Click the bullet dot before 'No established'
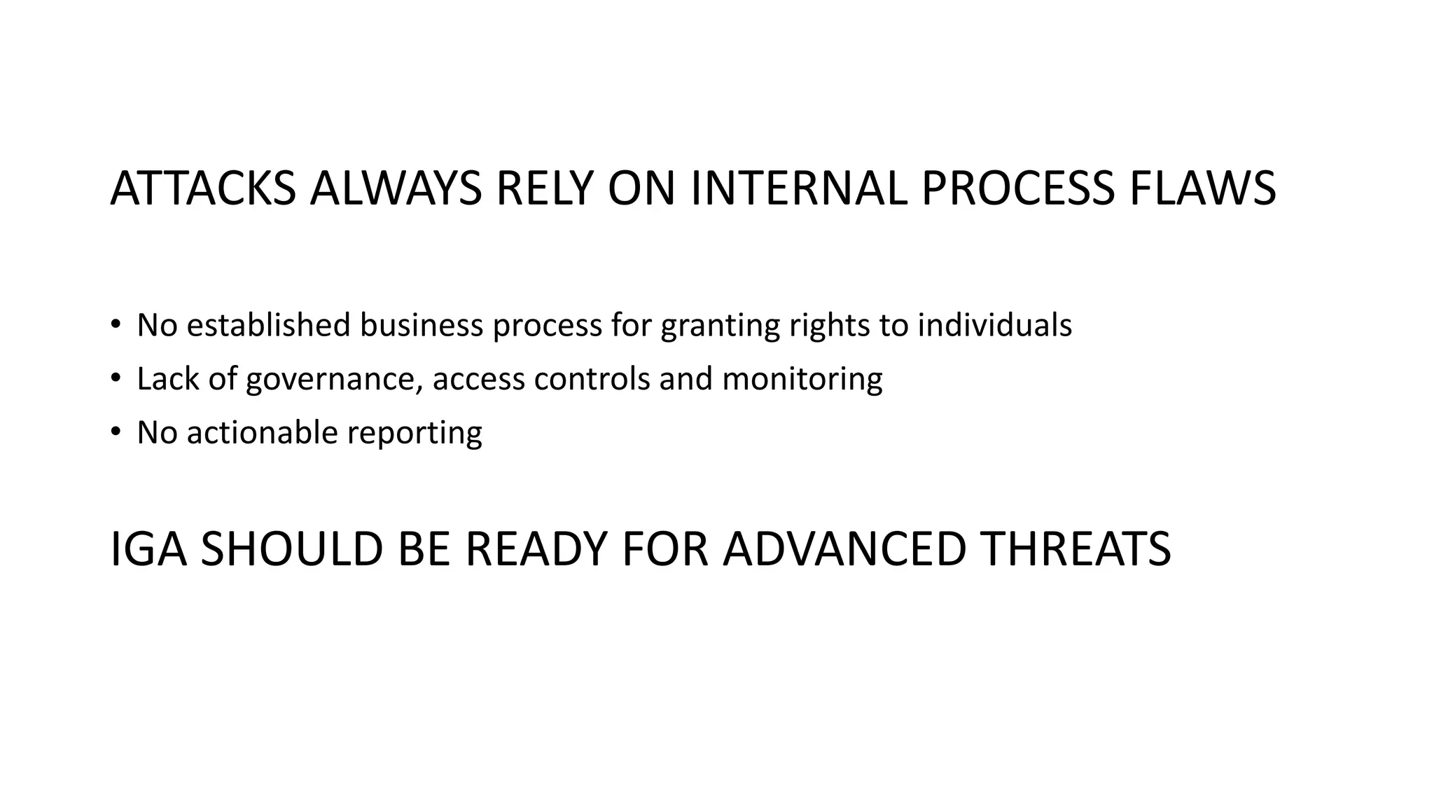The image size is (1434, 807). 116,324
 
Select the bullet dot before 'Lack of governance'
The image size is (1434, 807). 116,378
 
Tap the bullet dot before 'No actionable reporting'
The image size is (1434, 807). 116,432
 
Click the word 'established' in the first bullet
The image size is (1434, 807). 269,325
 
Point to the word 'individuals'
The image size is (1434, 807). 994,325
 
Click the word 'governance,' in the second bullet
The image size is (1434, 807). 335,380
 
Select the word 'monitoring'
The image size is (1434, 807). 802,380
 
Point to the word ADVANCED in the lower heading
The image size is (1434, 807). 844,549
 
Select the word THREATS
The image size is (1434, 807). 1075,549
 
